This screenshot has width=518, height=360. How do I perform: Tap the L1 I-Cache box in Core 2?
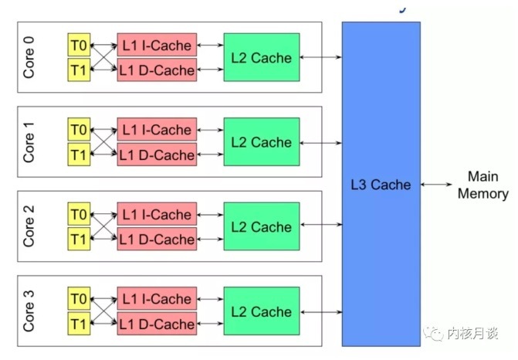click(x=157, y=215)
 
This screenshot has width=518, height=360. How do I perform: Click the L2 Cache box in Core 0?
click(x=261, y=57)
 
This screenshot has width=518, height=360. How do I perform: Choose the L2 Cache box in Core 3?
click(x=261, y=312)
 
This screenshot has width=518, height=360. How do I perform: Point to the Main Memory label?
click(x=482, y=185)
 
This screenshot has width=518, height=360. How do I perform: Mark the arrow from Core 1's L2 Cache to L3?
click(x=320, y=142)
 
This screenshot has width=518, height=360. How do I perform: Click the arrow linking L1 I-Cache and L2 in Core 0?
click(x=210, y=45)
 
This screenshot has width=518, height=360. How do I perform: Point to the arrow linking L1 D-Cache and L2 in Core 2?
click(x=210, y=239)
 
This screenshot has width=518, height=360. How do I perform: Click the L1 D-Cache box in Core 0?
click(x=157, y=70)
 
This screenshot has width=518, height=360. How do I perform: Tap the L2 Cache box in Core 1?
click(x=261, y=142)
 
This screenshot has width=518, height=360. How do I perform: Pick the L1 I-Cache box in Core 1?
click(x=157, y=129)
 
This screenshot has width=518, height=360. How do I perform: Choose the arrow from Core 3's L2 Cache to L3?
click(x=320, y=312)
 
